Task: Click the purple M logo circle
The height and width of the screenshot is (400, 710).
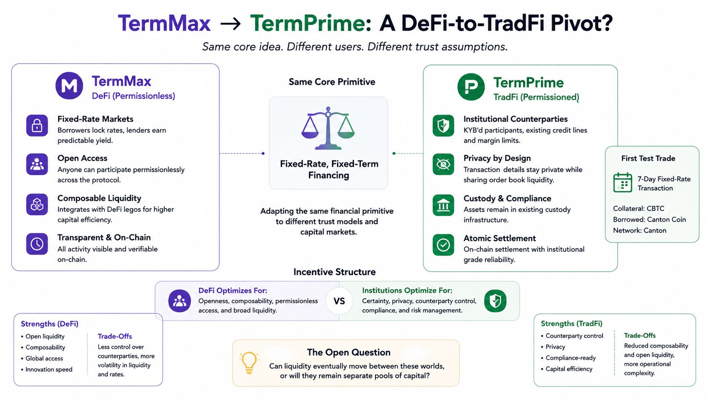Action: [69, 85]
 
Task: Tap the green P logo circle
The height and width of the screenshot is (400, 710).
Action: [471, 87]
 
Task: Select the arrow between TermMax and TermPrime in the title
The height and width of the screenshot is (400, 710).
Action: [231, 24]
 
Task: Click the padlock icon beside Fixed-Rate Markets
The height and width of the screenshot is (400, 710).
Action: [37, 125]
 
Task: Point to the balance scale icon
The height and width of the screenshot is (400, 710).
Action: [328, 128]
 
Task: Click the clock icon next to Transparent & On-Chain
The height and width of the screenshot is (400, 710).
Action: [37, 244]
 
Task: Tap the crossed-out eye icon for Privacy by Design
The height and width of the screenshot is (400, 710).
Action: [443, 165]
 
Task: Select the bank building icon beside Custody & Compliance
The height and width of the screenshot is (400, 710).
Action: [443, 205]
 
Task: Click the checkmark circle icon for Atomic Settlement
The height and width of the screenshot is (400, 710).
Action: [443, 244]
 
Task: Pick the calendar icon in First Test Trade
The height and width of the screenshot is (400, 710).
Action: [623, 182]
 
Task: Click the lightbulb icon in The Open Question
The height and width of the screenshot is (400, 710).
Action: [249, 363]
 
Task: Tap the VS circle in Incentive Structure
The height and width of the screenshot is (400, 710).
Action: [339, 301]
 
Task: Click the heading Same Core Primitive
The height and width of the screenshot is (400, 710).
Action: [332, 82]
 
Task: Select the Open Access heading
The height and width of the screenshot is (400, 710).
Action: [82, 158]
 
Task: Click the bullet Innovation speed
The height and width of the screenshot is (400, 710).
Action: [47, 369]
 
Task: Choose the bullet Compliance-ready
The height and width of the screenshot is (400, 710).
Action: [568, 358]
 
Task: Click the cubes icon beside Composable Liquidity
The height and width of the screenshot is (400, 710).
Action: [37, 204]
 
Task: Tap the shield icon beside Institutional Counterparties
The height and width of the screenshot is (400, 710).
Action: [443, 125]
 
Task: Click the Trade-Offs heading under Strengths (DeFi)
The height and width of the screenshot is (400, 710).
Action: [115, 336]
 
